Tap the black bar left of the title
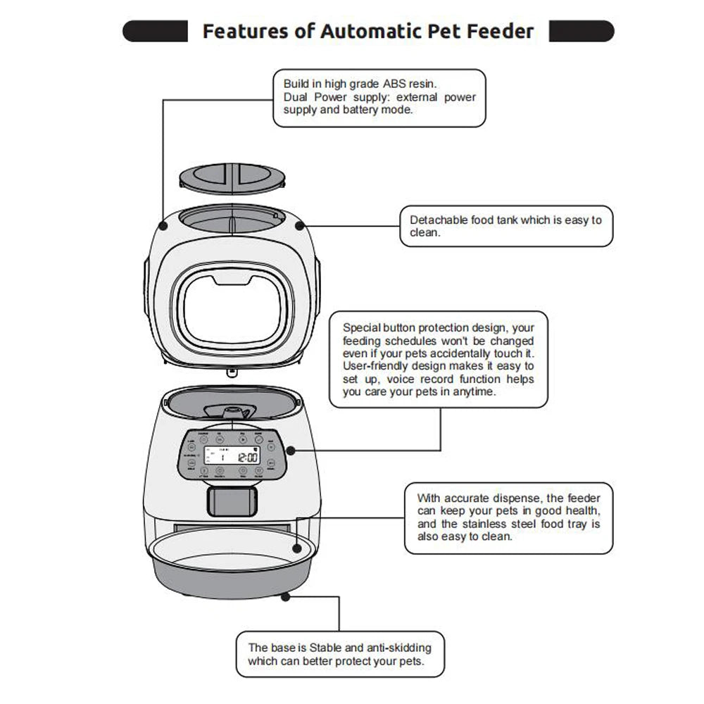pyautogui.click(x=155, y=32)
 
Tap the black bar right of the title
pyautogui.click(x=581, y=32)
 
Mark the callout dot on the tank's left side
pyautogui.click(x=163, y=226)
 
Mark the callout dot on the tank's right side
pyautogui.click(x=301, y=226)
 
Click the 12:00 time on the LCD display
pyautogui.click(x=246, y=458)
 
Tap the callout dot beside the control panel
pyautogui.click(x=287, y=450)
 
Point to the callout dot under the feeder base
pyautogui.click(x=284, y=596)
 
